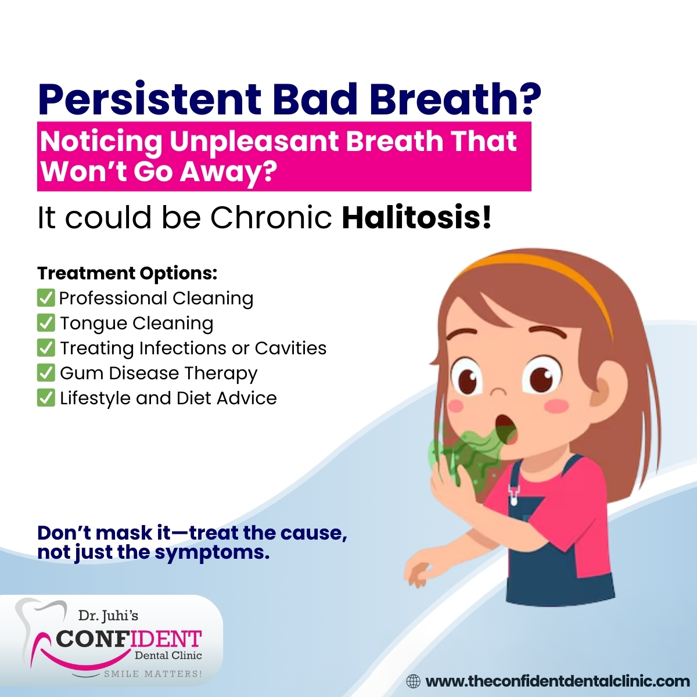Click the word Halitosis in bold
416,218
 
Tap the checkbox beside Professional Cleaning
46,298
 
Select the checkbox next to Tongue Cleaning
46,322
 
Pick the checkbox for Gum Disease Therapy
46,372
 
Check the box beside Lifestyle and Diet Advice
46,397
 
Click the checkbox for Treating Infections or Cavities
46,347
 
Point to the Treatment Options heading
127,274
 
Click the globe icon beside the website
414,681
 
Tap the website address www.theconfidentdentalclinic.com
558,681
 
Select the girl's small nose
499,392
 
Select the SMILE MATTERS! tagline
153,674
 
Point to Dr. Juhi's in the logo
108,615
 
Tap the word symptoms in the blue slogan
213,553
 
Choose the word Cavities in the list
290,348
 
